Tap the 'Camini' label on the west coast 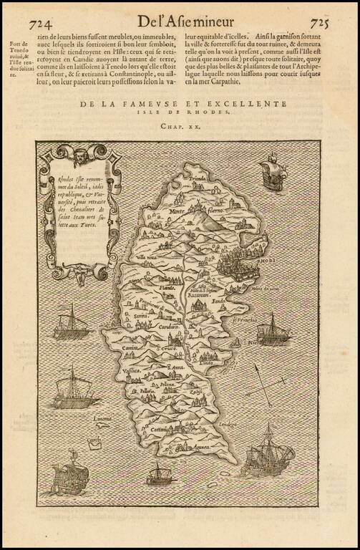130,347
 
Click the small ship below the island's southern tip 160,473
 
